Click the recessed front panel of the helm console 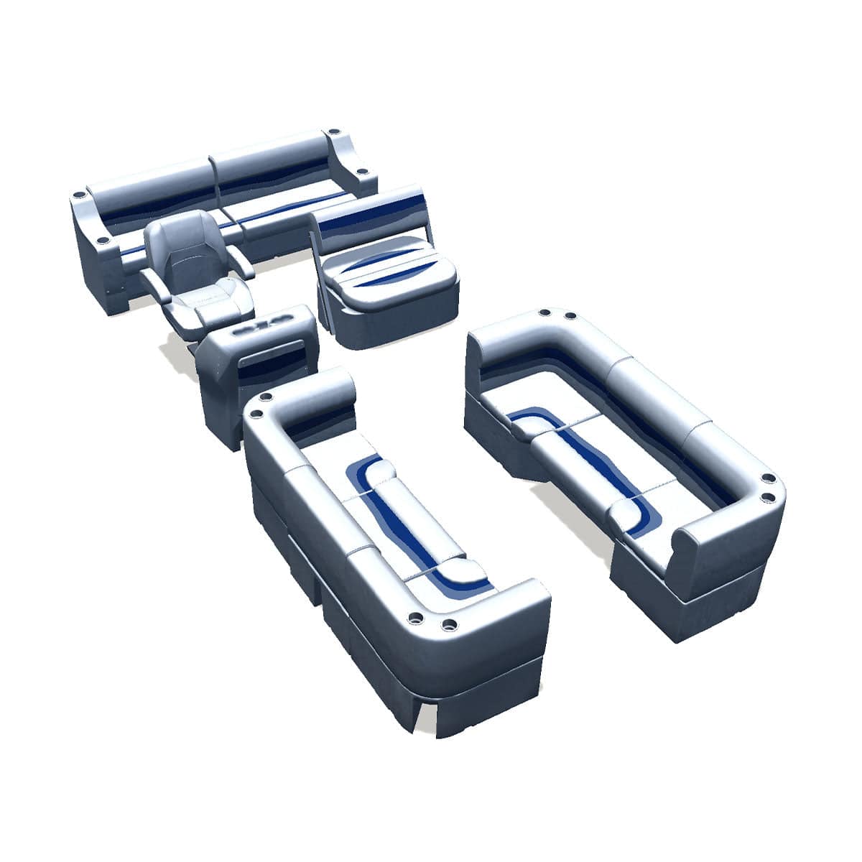[277, 359]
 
